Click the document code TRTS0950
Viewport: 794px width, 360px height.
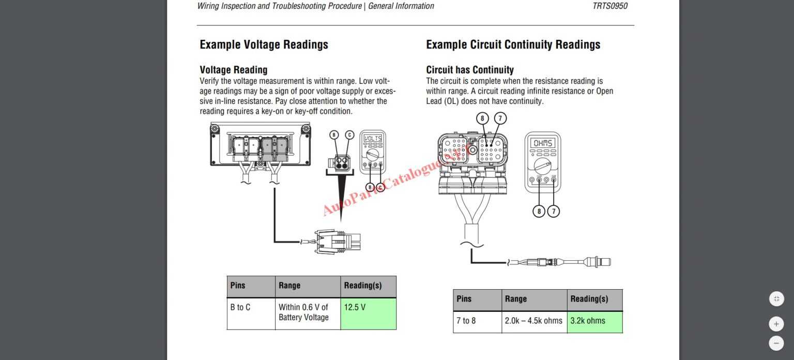pyautogui.click(x=610, y=6)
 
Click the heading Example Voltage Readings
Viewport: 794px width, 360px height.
pyautogui.click(x=264, y=45)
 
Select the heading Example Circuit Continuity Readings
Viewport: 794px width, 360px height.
pyautogui.click(x=513, y=45)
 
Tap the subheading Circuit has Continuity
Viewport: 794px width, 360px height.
pyautogui.click(x=469, y=70)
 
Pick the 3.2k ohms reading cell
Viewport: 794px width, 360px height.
pyautogui.click(x=594, y=321)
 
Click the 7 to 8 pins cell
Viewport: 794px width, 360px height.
pyautogui.click(x=477, y=321)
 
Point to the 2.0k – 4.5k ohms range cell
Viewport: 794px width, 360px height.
pyautogui.click(x=533, y=321)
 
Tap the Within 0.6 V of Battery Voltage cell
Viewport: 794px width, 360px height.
pyautogui.click(x=307, y=313)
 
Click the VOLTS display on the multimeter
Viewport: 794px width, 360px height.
pyautogui.click(x=373, y=139)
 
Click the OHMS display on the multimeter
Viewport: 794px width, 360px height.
pyautogui.click(x=543, y=143)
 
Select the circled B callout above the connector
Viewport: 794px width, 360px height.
pyautogui.click(x=334, y=135)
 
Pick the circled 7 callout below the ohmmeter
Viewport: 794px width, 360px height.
pyautogui.click(x=553, y=211)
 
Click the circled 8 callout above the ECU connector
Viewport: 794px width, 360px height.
pyautogui.click(x=482, y=118)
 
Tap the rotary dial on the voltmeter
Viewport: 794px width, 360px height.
pyautogui.click(x=373, y=155)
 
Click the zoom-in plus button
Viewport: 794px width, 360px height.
pyautogui.click(x=776, y=324)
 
